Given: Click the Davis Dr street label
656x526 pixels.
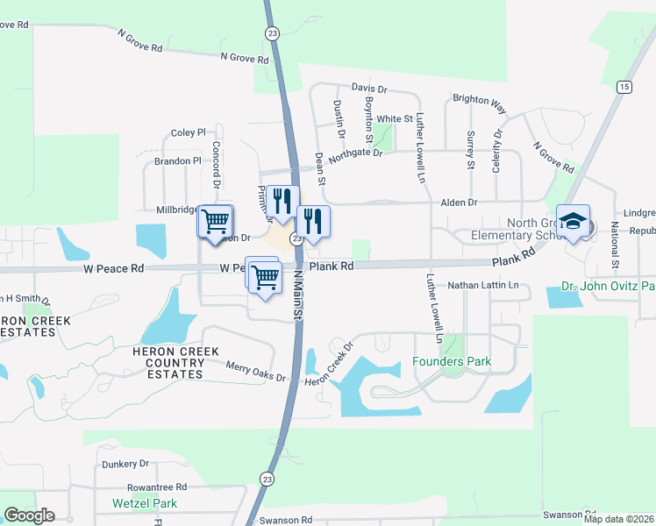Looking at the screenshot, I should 369,89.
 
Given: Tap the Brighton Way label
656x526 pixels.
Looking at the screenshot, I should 479,103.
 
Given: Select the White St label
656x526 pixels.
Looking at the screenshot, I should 395,119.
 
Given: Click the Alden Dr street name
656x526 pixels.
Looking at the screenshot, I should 459,202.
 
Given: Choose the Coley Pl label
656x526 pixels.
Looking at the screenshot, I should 188,133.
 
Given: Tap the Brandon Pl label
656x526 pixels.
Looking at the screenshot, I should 178,161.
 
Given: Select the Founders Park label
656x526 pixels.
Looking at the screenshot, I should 452,361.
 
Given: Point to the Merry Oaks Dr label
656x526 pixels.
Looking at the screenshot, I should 256,371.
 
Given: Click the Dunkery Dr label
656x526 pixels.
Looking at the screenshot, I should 125,464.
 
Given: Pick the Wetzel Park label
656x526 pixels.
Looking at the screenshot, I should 145,503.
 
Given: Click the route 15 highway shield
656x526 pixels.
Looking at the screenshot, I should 624,86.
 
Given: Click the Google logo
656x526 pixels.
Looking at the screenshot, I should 29,515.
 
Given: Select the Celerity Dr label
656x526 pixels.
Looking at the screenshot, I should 497,151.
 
